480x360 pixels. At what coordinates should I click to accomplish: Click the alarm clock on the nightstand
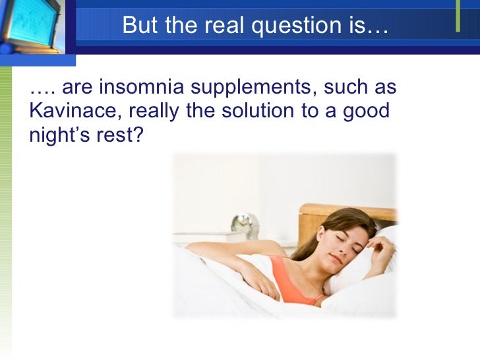point(245,225)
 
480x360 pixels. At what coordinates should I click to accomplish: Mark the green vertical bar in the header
point(458,16)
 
